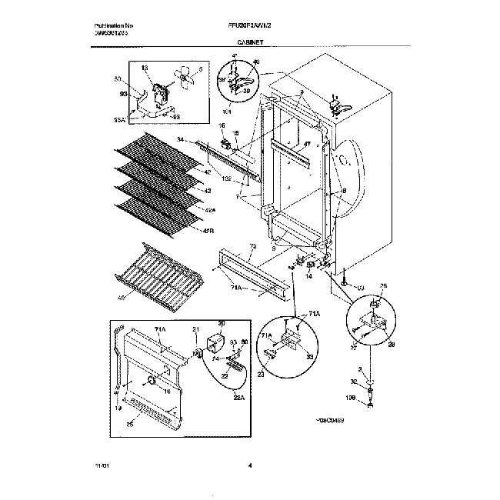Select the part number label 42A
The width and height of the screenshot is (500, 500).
210,210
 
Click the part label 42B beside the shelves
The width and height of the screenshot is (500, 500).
208,229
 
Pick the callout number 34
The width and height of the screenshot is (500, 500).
181,139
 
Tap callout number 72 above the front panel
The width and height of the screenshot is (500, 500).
231,248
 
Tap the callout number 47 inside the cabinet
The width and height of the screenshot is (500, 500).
305,144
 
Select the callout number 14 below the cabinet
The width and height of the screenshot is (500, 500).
308,275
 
